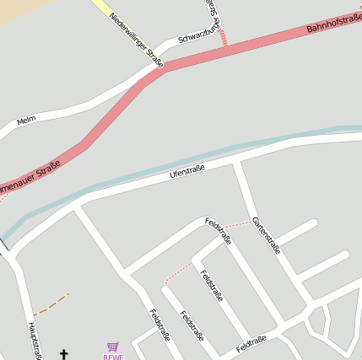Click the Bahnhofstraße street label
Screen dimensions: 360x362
(333, 19)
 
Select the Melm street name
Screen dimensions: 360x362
(26, 121)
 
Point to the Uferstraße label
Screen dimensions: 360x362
(187, 172)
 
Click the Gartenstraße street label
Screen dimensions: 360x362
(267, 234)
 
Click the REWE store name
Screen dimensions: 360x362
(113, 357)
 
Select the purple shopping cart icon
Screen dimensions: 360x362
(113, 346)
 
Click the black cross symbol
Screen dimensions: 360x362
(63, 354)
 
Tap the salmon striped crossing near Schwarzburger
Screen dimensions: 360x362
(223, 37)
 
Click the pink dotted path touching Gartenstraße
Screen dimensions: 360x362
(240, 223)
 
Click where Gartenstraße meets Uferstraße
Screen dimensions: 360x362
(237, 161)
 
